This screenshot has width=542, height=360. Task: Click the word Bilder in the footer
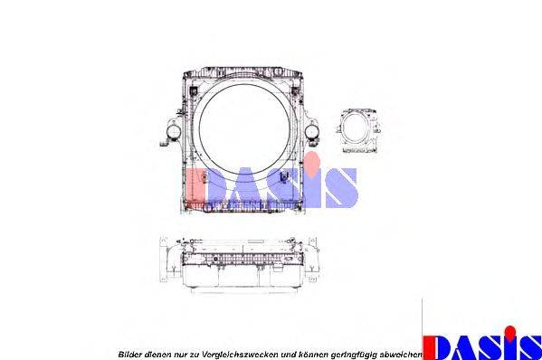click(x=129, y=355)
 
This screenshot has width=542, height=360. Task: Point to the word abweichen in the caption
click(x=401, y=355)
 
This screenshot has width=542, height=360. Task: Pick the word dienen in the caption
click(x=157, y=355)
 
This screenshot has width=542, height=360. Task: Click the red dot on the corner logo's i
click(x=509, y=332)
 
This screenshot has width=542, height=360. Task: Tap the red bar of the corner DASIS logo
click(x=428, y=347)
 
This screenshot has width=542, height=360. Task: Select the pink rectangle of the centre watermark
click(x=196, y=188)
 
